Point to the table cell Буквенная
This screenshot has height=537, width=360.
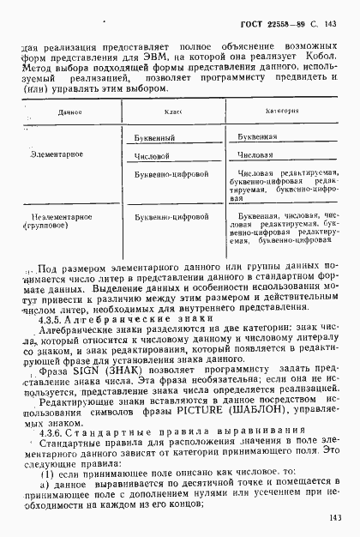[x=257, y=137]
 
